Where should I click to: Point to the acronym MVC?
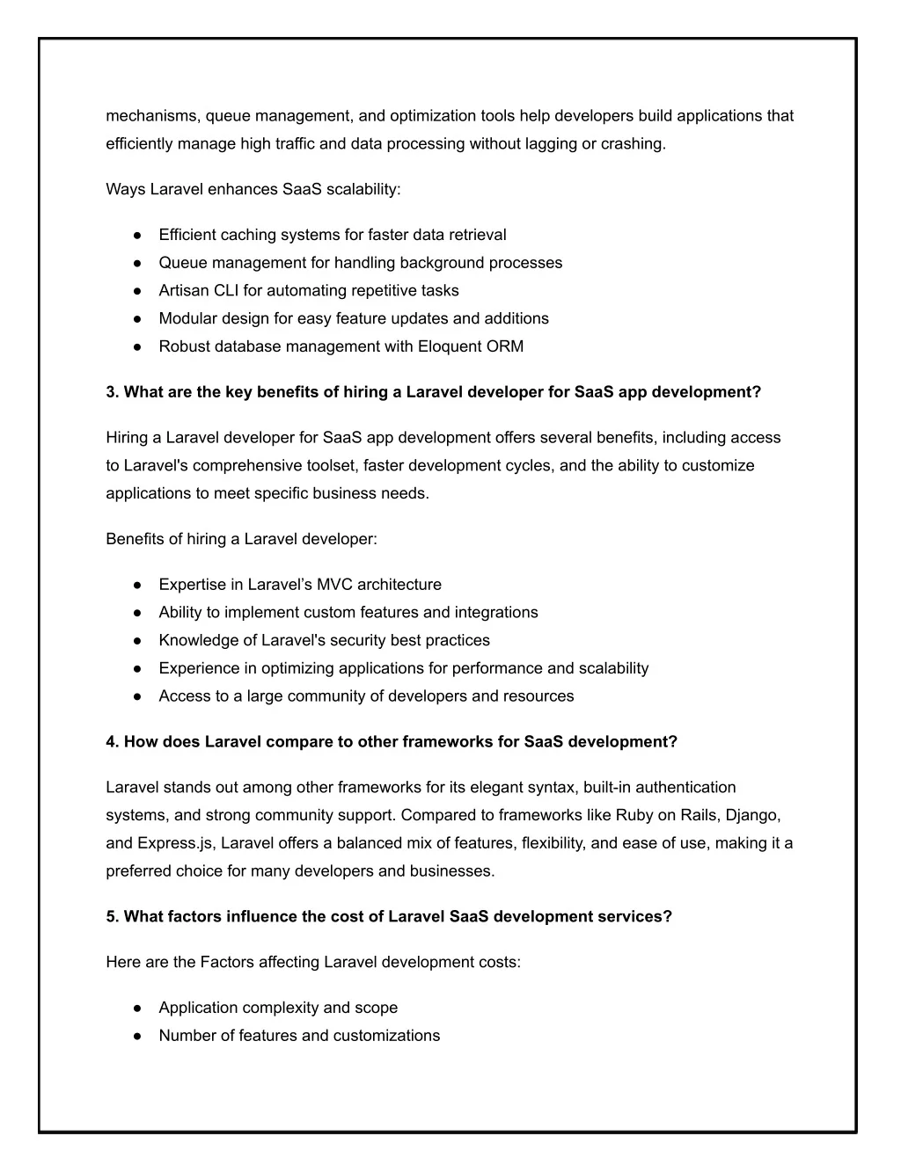point(335,585)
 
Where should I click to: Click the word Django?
point(752,815)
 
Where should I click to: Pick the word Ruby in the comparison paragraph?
point(634,815)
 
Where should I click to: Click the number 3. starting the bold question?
point(113,392)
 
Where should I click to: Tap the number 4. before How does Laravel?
point(113,742)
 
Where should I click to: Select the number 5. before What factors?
point(113,917)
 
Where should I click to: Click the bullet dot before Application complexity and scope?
point(138,1008)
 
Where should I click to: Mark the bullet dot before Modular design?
point(138,319)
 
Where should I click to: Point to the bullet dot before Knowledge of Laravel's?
point(138,641)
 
